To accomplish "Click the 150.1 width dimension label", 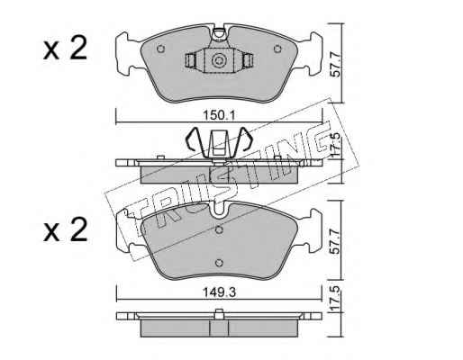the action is tap(220, 115).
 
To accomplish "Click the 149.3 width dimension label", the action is tap(220, 292).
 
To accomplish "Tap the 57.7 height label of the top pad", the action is tap(336, 65).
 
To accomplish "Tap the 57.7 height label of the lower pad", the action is tap(334, 242).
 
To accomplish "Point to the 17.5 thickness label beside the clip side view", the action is tap(336, 144).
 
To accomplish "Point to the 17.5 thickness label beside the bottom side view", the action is tap(335, 298).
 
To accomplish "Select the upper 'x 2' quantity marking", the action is tap(65, 49).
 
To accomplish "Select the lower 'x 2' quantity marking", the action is tap(65, 229).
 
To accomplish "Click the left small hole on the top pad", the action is tap(161, 49).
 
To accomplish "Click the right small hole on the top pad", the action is tap(277, 49).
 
